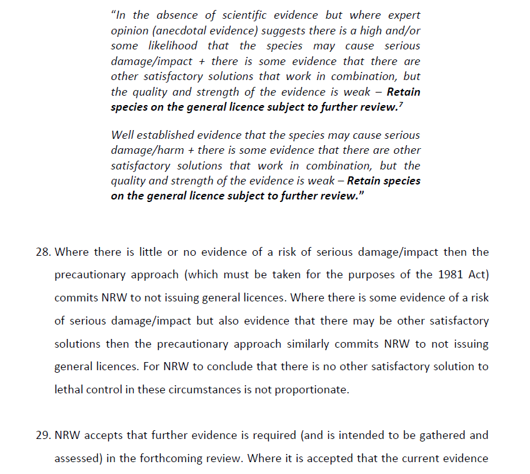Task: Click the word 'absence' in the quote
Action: click(x=174, y=15)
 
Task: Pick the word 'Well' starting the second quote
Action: click(x=122, y=135)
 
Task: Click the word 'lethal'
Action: click(x=69, y=390)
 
